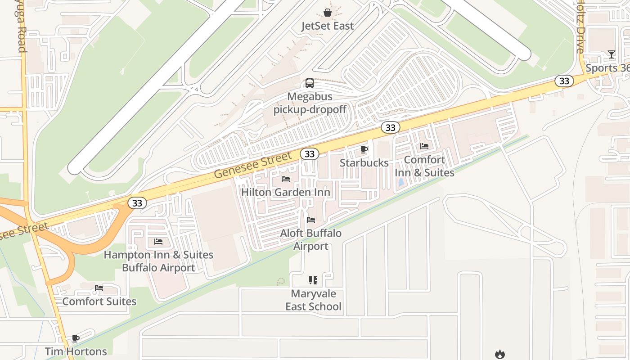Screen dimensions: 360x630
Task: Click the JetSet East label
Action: (x=328, y=26)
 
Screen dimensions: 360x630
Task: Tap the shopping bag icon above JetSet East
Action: (x=328, y=13)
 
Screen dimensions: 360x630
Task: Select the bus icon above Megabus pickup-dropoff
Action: (x=310, y=83)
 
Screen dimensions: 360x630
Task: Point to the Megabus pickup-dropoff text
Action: (x=310, y=103)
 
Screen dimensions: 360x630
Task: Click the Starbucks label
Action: (x=364, y=163)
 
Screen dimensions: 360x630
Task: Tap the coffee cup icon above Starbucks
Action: (x=364, y=149)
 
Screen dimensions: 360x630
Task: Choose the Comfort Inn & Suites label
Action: (x=424, y=166)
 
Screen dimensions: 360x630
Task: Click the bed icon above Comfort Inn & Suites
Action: (x=424, y=146)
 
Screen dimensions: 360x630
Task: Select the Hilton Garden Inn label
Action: (x=286, y=193)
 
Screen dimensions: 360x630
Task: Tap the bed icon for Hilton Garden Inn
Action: (x=286, y=179)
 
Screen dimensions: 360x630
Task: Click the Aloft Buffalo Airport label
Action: (x=311, y=240)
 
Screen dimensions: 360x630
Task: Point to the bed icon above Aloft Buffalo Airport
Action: (x=311, y=220)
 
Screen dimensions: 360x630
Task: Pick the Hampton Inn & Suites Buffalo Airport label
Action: (x=158, y=261)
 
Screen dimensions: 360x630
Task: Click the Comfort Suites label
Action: (x=99, y=301)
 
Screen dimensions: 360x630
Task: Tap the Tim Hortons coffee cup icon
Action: (x=76, y=338)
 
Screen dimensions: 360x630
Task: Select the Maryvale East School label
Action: (x=314, y=300)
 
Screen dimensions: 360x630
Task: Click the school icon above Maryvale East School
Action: (x=313, y=280)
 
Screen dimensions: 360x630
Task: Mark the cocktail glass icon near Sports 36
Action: (x=611, y=55)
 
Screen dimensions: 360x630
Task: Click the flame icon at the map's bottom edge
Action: (x=499, y=355)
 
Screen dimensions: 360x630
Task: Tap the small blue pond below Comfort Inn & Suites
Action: (x=400, y=183)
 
